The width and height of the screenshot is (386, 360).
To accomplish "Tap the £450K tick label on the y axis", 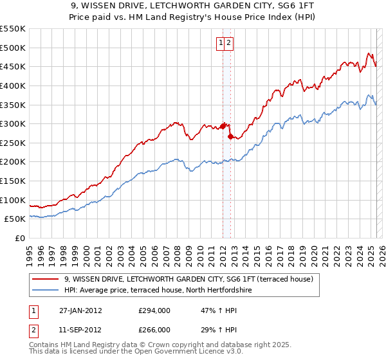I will pos(13,66).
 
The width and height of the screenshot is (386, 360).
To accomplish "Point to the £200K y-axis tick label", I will pos(13,161).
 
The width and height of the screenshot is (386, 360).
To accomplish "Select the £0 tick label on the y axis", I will pos(20,238).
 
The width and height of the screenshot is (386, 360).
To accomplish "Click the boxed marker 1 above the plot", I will pos(221,43).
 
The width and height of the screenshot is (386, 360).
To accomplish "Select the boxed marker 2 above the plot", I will pos(229,43).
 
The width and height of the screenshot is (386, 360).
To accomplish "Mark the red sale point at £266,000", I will pos(230,136).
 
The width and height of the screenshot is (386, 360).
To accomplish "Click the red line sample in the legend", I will pos(44,280).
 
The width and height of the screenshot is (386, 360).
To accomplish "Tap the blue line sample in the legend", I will pos(44,291).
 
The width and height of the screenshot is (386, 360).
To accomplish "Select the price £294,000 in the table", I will pos(154,310).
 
